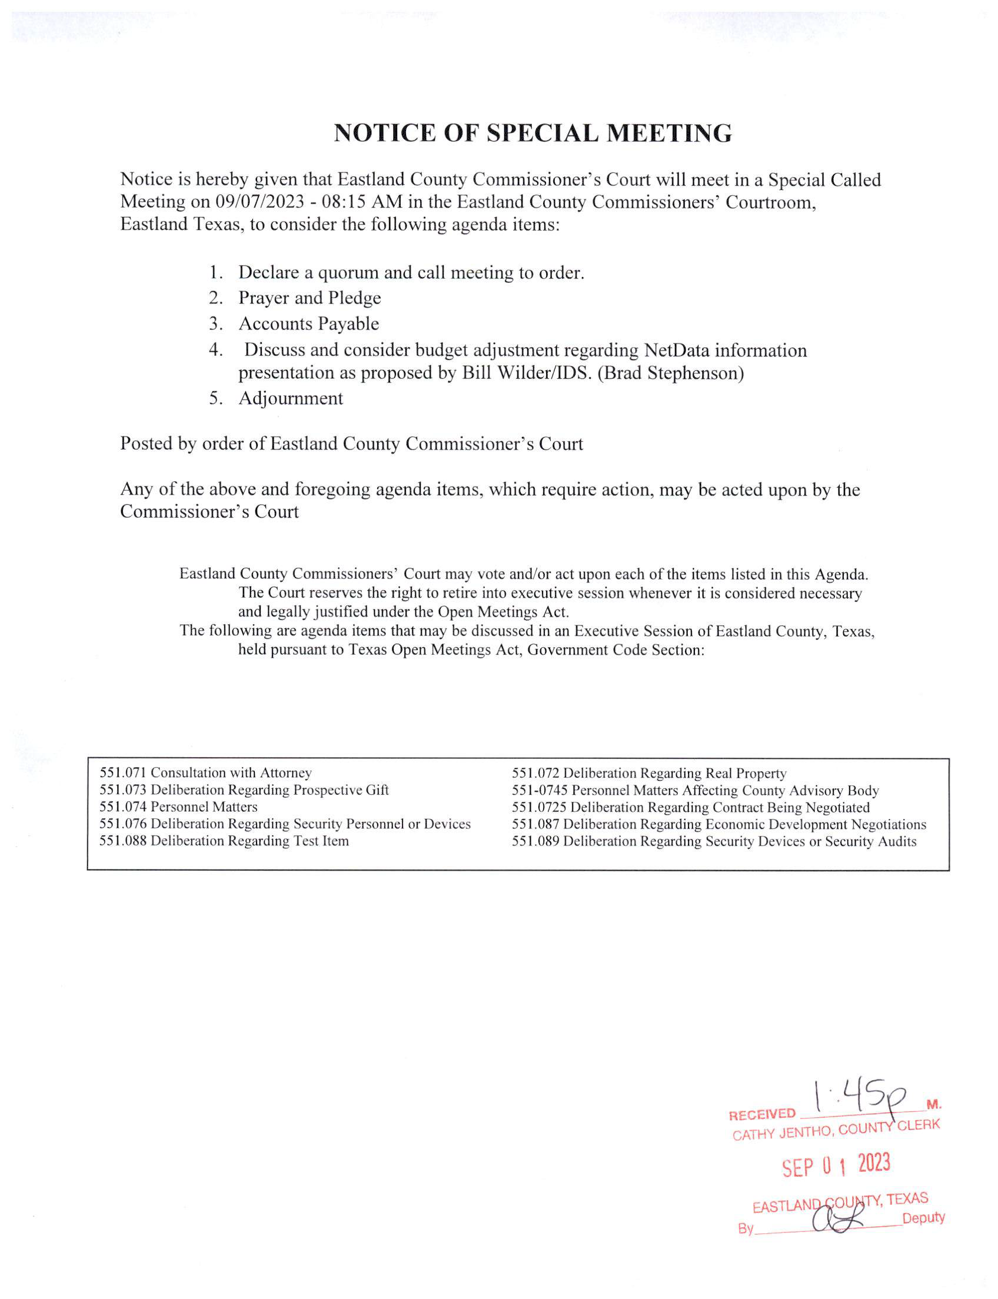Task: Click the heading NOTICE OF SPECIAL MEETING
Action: pos(533,133)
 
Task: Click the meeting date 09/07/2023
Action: pos(260,202)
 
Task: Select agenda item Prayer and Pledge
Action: pos(310,298)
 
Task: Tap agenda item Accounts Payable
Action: pos(308,324)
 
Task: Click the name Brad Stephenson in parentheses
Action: pos(670,373)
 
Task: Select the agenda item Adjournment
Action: pos(291,398)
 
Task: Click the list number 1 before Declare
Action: pos(214,272)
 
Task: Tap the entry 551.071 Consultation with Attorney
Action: pos(205,772)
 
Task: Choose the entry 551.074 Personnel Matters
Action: pos(178,807)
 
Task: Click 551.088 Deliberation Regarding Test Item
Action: pos(224,841)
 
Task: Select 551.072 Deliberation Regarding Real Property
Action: pos(648,774)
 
